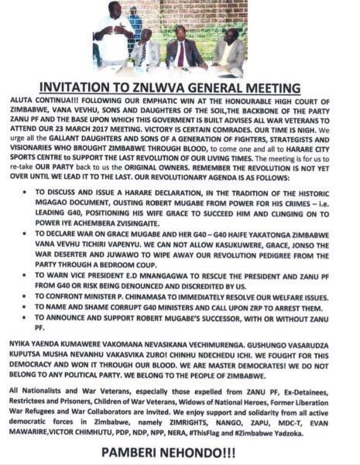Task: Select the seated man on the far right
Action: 229,51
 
